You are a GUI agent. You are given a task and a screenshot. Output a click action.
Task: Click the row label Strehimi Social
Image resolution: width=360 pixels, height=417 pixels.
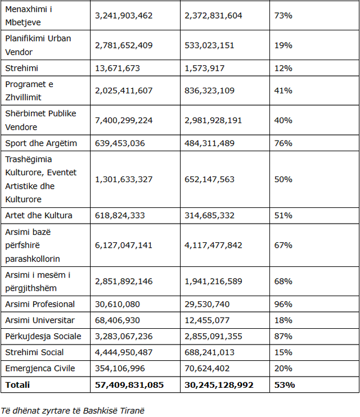pyautogui.click(x=34, y=352)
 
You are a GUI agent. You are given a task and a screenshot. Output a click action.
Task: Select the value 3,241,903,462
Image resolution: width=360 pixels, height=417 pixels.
pyautogui.click(x=124, y=16)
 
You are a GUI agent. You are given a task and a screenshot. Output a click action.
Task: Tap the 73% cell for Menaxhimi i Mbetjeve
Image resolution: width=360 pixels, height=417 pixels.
pyautogui.click(x=283, y=16)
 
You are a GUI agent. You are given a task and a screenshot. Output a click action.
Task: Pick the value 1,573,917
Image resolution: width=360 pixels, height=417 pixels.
pyautogui.click(x=204, y=68)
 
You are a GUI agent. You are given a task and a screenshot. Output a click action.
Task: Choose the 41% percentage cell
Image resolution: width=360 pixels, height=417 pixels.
pyautogui.click(x=283, y=90)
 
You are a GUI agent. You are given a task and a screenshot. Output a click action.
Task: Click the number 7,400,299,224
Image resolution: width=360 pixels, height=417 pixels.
pyautogui.click(x=124, y=120)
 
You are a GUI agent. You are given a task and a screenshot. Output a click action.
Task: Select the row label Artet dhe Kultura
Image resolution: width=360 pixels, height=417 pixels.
pyautogui.click(x=38, y=215)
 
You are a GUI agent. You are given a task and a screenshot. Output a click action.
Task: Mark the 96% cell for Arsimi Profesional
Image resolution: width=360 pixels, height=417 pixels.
pyautogui.click(x=283, y=304)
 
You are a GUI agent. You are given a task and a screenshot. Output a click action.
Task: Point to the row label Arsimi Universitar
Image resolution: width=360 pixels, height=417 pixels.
pyautogui.click(x=39, y=320)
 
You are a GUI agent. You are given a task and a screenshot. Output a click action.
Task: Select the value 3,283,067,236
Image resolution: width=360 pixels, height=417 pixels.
pyautogui.click(x=124, y=336)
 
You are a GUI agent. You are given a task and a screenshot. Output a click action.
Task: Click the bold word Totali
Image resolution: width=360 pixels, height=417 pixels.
pyautogui.click(x=17, y=385)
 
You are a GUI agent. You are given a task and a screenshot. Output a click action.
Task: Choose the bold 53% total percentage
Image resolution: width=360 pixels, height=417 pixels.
pyautogui.click(x=284, y=385)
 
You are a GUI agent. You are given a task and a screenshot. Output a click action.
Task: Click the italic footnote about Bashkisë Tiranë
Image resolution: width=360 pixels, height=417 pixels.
pyautogui.click(x=73, y=410)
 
